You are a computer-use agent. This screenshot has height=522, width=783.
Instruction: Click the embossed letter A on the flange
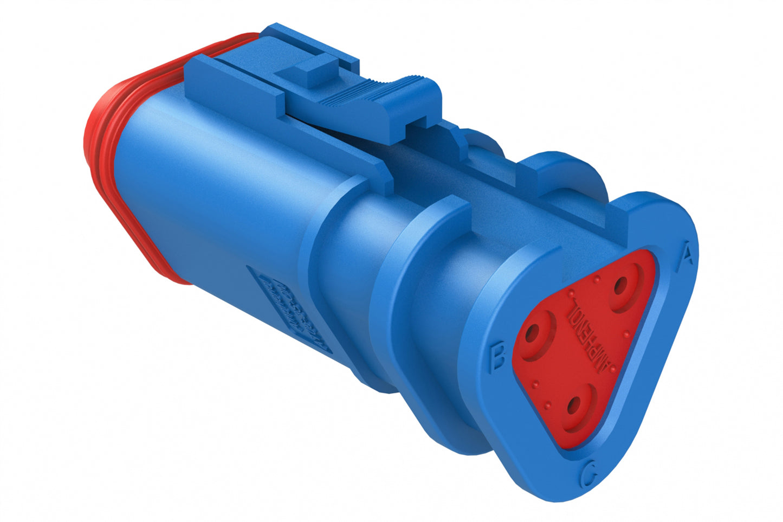686,253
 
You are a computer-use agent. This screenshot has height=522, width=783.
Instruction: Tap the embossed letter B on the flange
497,357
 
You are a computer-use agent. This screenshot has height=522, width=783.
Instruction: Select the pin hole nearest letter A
620,284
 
